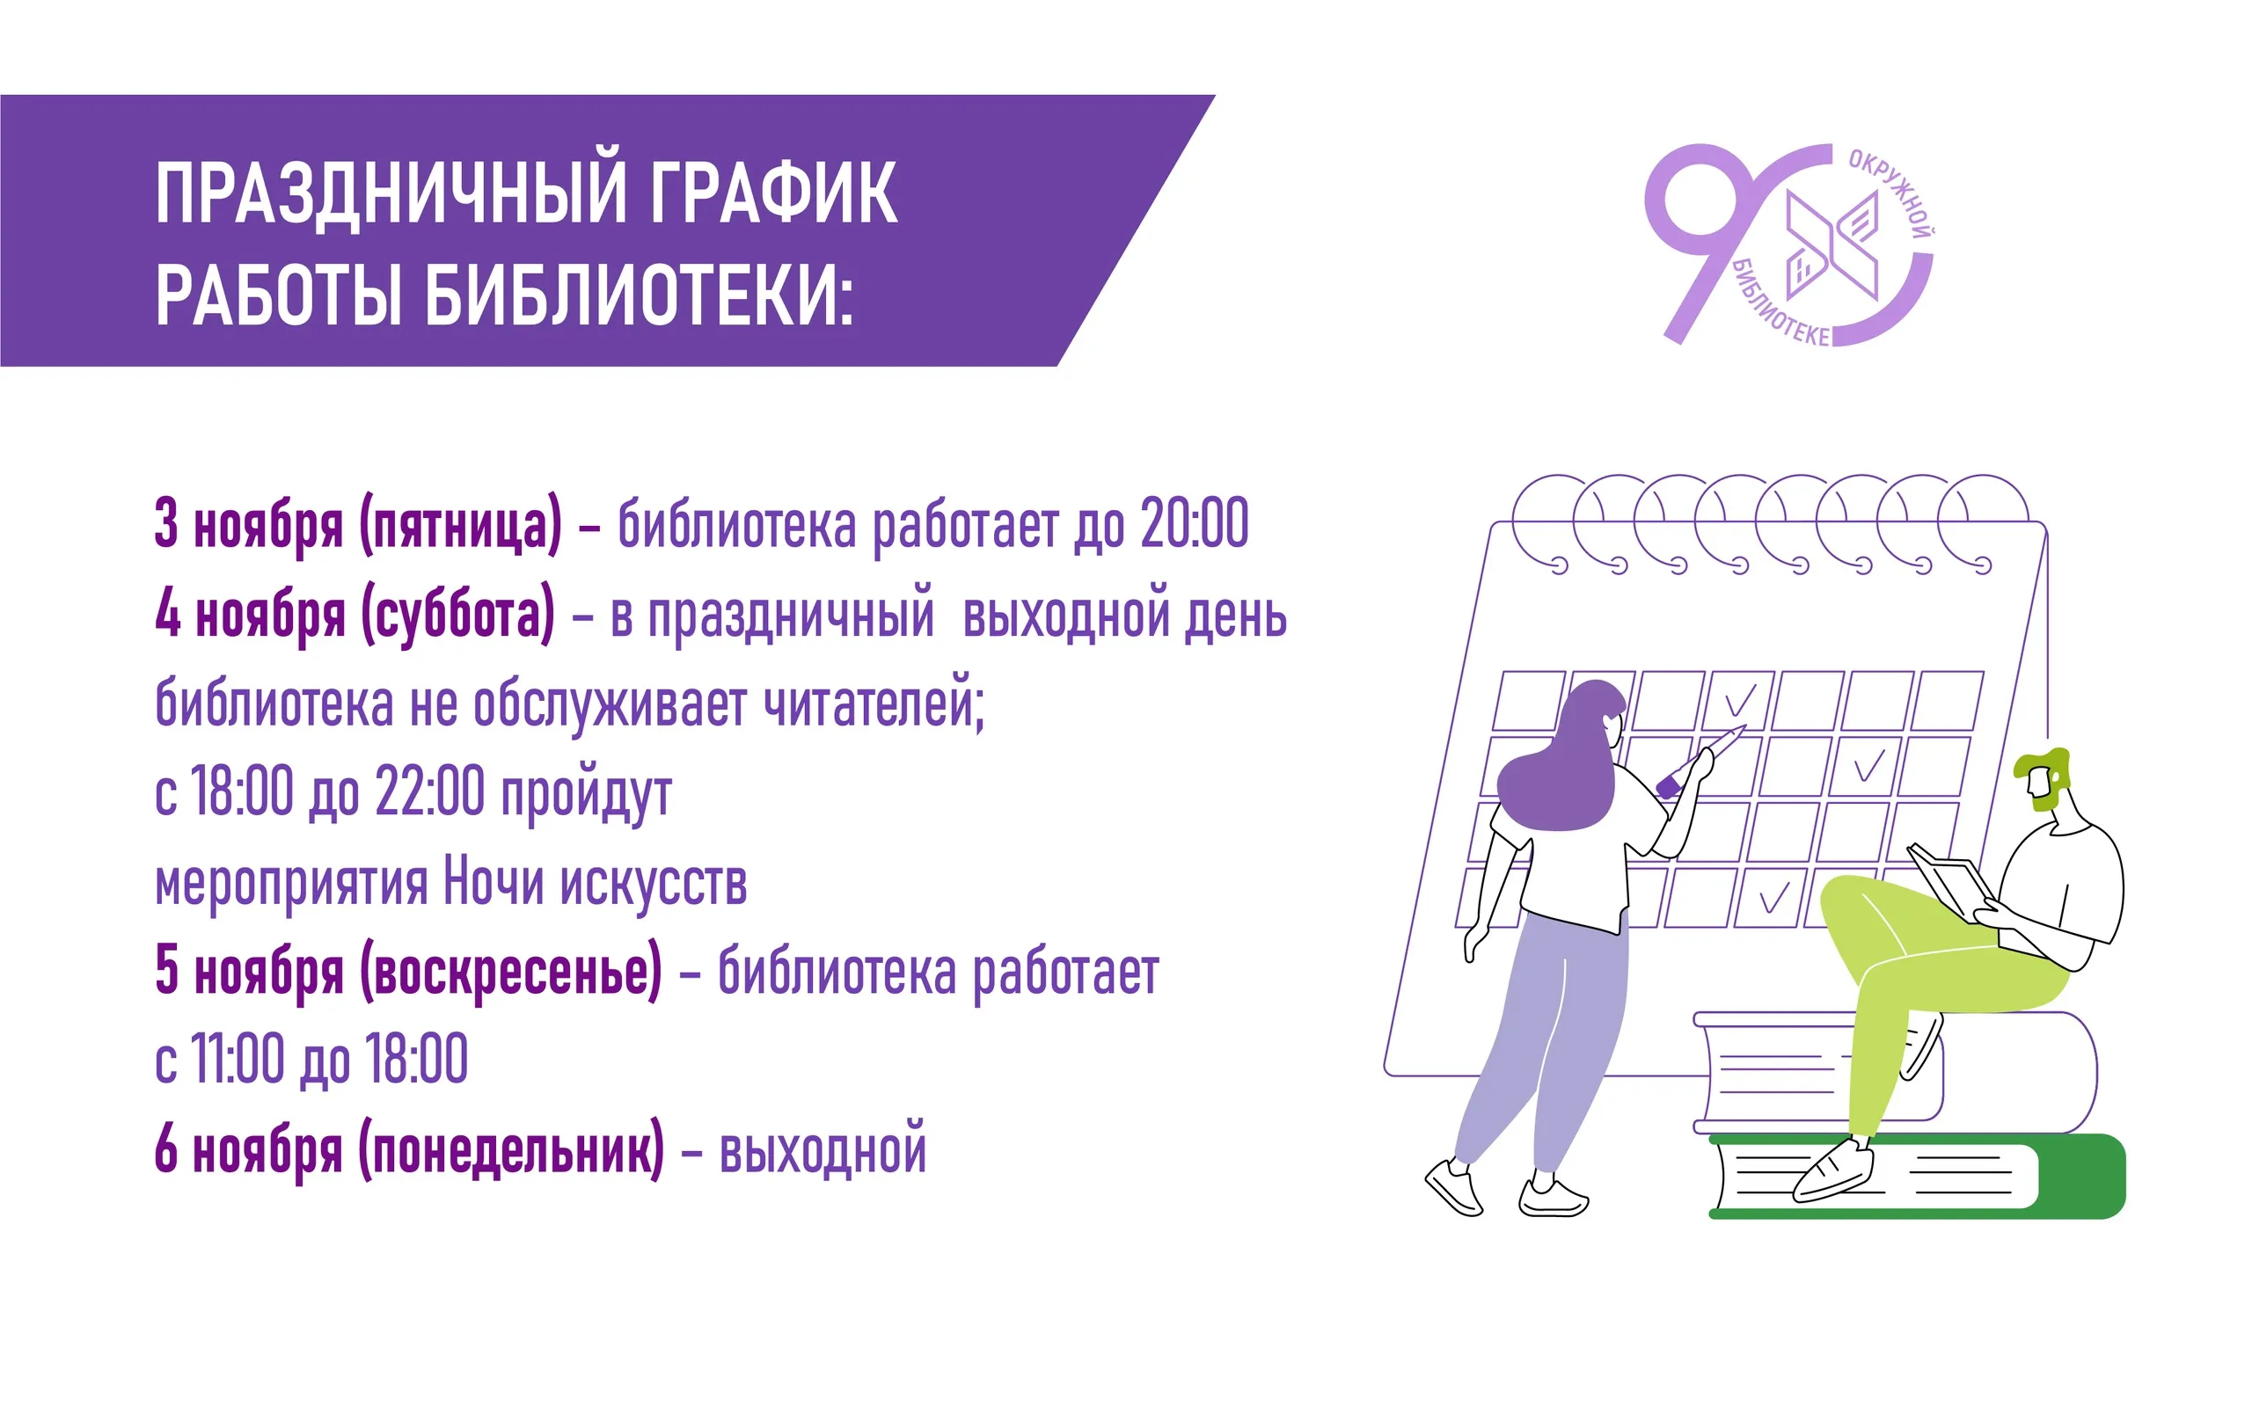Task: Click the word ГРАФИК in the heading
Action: (773, 193)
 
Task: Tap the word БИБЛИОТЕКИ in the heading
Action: (640, 294)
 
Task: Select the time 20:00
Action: (1194, 523)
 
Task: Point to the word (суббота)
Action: (457, 613)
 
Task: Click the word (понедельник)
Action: (511, 1150)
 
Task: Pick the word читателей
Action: (874, 703)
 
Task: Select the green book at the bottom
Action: (1917, 1177)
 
